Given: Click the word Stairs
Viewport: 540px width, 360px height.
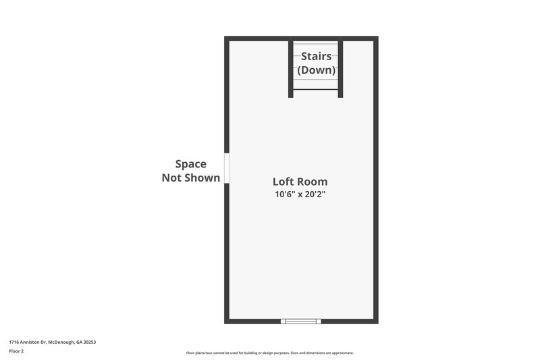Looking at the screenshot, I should pos(316,56).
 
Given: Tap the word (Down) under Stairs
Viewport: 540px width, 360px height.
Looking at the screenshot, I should pos(316,70).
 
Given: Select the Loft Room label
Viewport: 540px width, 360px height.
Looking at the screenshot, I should pos(300,181).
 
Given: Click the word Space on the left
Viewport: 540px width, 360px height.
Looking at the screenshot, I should pos(190,163).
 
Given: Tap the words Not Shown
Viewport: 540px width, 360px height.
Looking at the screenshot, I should pos(190,178).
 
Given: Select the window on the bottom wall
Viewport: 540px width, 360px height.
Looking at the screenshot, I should pos(300,322).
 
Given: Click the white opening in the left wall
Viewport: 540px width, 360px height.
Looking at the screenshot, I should pos(227,168).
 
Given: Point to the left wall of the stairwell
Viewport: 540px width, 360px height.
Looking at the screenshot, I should pos(291,68).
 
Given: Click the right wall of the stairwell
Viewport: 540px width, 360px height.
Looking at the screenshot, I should pos(341,68).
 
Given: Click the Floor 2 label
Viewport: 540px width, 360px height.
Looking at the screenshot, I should pos(16,351).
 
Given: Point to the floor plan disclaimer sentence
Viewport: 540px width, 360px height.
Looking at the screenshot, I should pos(269,353).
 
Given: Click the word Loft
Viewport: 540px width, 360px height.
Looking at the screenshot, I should pos(283,181).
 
